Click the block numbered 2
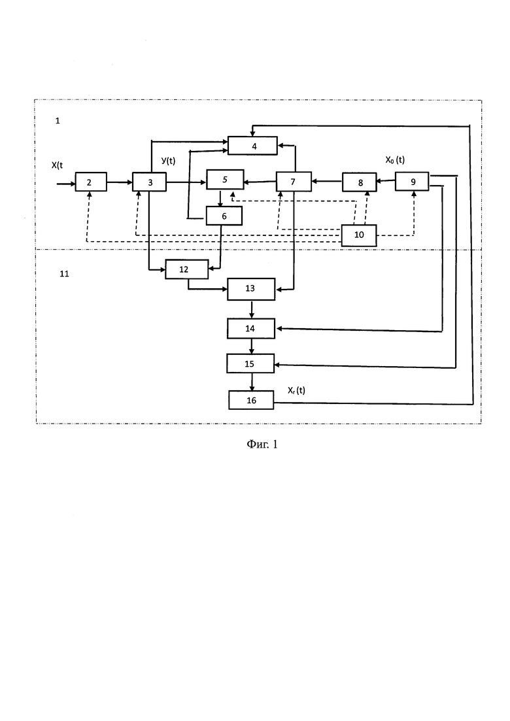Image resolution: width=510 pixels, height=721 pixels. click(x=91, y=182)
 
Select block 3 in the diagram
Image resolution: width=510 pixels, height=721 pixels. click(x=150, y=182)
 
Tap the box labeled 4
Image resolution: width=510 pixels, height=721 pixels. click(x=253, y=146)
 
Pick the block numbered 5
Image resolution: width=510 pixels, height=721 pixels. click(x=225, y=179)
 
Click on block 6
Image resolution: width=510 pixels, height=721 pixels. click(x=224, y=216)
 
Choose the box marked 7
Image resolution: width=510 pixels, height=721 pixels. click(x=294, y=182)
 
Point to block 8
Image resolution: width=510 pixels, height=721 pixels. click(x=359, y=182)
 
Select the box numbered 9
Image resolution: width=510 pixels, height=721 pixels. click(x=412, y=182)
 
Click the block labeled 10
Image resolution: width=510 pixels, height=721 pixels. click(x=359, y=235)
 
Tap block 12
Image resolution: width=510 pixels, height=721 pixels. click(x=187, y=269)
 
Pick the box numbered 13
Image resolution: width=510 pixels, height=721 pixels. click(x=251, y=289)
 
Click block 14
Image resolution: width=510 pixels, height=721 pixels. click(x=251, y=329)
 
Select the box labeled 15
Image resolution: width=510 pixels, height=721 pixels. click(x=250, y=363)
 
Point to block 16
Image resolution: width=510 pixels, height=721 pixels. click(x=251, y=400)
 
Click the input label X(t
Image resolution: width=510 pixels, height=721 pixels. click(x=57, y=165)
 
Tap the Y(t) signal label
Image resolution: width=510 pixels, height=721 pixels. click(x=168, y=161)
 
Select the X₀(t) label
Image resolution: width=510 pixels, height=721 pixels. click(x=395, y=160)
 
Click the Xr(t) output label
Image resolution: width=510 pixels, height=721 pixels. click(x=297, y=390)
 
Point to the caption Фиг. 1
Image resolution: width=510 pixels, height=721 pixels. click(x=262, y=444)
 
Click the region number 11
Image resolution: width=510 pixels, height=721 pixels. click(x=64, y=274)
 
